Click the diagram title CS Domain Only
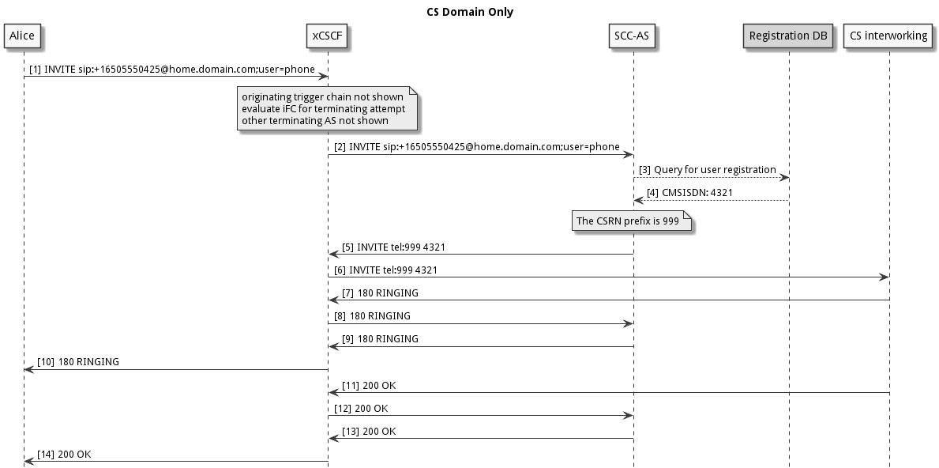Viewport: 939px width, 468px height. tap(469, 12)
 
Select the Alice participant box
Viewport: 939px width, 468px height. tap(23, 36)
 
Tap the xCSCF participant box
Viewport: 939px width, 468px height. tap(328, 36)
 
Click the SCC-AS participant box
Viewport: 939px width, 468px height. tap(633, 36)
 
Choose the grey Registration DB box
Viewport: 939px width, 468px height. tap(788, 36)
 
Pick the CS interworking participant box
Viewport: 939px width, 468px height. tap(889, 36)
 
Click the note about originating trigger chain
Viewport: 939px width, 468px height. tap(327, 109)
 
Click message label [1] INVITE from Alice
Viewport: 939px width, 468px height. tap(172, 70)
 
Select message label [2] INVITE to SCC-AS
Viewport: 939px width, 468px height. tap(476, 147)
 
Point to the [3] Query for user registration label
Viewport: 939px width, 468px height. tap(707, 170)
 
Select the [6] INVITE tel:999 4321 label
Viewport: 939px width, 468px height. tap(385, 270)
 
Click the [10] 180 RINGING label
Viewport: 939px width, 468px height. tap(77, 362)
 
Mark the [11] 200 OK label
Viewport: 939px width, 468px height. tap(369, 386)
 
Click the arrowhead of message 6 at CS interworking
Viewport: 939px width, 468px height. tap(885, 277)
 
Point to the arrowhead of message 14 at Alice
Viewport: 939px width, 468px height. tap(28, 461)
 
